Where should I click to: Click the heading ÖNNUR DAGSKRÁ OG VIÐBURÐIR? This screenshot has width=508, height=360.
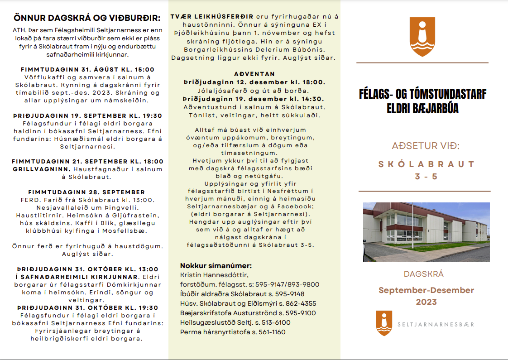(x=87, y=18)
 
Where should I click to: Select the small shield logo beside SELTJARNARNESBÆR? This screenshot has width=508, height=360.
(x=384, y=323)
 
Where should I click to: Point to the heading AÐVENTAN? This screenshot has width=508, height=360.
(x=254, y=74)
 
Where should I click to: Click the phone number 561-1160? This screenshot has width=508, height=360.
(x=272, y=332)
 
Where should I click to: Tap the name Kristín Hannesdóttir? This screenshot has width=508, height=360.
(x=214, y=275)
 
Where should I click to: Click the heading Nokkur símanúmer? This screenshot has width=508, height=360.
(x=216, y=266)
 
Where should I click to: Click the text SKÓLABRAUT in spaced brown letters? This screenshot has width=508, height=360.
(x=427, y=164)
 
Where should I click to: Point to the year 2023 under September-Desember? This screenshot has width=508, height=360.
(x=426, y=302)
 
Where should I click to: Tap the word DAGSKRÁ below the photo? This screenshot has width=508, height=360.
(x=423, y=274)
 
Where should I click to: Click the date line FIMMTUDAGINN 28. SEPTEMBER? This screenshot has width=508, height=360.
(x=86, y=192)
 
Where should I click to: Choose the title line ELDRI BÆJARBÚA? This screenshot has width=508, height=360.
(x=422, y=109)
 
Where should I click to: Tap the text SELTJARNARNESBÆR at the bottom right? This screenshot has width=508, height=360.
(x=436, y=324)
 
